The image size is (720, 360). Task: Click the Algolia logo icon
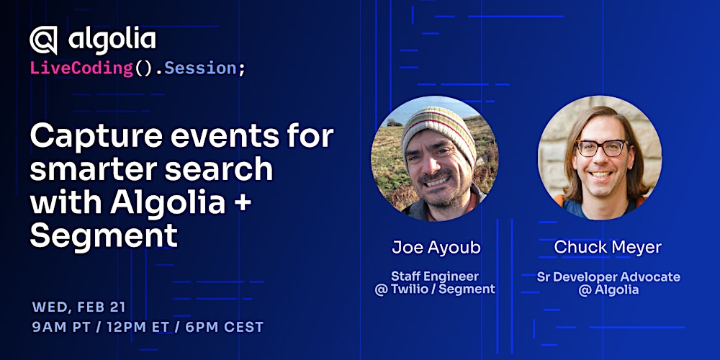pos(43,40)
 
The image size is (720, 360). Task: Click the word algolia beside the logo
pos(112,39)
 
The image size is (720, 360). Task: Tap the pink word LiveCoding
pos(81,68)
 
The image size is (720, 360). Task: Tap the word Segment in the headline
pos(103,235)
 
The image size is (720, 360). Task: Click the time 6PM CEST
pos(225,327)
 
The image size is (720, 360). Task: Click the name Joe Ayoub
pos(436,248)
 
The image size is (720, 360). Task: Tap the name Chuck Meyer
pos(608,248)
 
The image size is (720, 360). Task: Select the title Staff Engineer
pos(435,276)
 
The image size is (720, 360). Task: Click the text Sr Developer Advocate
pos(608,276)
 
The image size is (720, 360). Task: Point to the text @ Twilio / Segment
pos(435,289)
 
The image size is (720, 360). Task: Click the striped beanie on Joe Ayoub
pos(439,130)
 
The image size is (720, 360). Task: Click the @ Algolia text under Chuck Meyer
pos(608,290)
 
